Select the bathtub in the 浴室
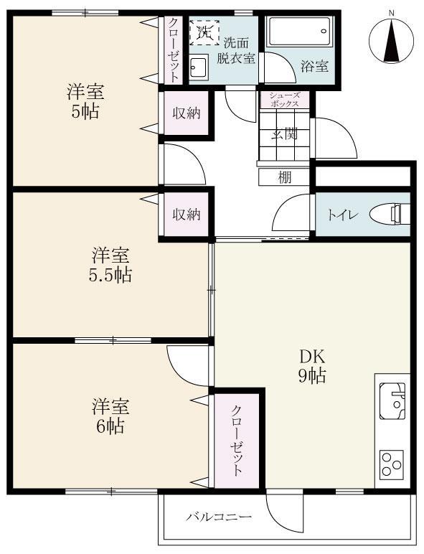click(x=298, y=33)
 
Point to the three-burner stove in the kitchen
click(x=391, y=463)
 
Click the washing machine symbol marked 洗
click(x=204, y=32)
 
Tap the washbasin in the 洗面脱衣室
click(x=199, y=68)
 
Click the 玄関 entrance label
click(x=284, y=133)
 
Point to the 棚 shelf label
click(x=284, y=177)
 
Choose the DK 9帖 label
click(x=313, y=365)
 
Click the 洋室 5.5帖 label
click(x=111, y=264)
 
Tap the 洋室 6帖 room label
click(x=110, y=415)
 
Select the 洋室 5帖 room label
click(x=85, y=101)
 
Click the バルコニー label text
click(x=219, y=517)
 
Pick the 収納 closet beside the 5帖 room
click(x=186, y=113)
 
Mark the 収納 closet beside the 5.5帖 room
click(x=186, y=214)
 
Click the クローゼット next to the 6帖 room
click(x=236, y=440)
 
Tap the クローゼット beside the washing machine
click(x=174, y=49)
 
